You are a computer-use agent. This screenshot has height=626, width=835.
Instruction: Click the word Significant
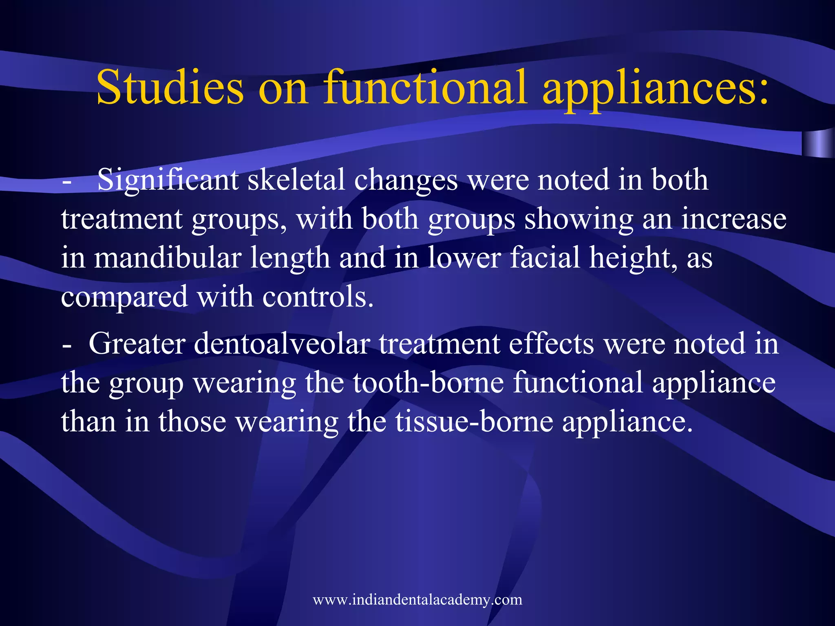tap(168, 180)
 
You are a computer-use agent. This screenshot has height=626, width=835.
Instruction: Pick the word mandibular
tap(168, 258)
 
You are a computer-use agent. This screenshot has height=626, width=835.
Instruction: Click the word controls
tap(318, 297)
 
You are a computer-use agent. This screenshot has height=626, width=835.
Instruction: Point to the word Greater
tap(137, 344)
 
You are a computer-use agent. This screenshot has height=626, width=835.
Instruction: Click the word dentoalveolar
tap(281, 344)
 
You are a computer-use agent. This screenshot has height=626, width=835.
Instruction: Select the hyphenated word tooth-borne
tap(429, 383)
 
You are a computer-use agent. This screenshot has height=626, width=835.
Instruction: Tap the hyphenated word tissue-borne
tap(474, 421)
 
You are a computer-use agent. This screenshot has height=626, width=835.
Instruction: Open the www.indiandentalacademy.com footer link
tap(417, 600)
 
